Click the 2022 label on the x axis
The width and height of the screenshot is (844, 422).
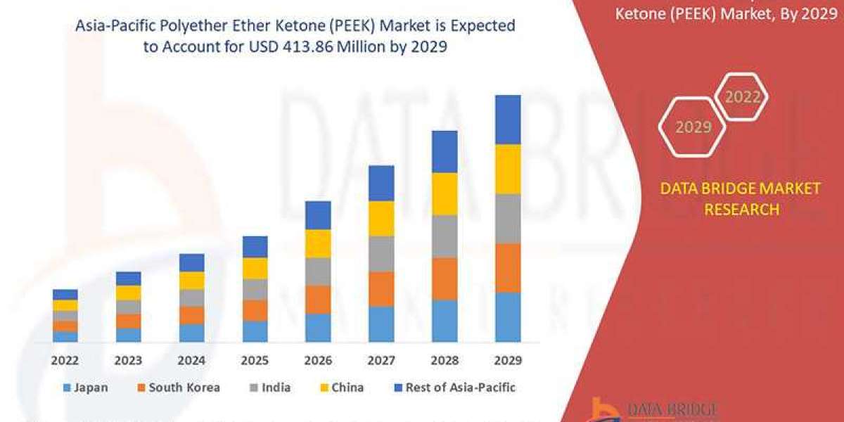click(x=65, y=360)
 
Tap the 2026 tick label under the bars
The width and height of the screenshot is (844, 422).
click(x=319, y=360)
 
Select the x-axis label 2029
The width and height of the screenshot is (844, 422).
click(x=508, y=360)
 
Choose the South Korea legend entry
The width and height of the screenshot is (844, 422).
click(x=179, y=388)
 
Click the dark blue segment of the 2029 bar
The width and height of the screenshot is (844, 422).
click(x=508, y=120)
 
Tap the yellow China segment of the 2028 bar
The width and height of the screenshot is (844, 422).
click(x=445, y=193)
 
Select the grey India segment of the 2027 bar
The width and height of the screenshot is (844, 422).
click(x=381, y=253)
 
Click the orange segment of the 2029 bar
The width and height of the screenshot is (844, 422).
click(x=508, y=268)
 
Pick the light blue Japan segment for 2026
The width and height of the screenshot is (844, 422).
click(x=318, y=328)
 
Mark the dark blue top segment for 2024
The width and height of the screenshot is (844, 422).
click(x=191, y=262)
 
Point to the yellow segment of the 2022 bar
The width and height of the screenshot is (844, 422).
click(x=65, y=305)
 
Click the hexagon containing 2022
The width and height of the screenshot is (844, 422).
click(x=741, y=97)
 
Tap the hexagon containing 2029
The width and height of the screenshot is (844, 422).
click(x=693, y=127)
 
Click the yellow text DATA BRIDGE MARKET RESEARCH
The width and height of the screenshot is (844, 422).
click(x=741, y=199)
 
